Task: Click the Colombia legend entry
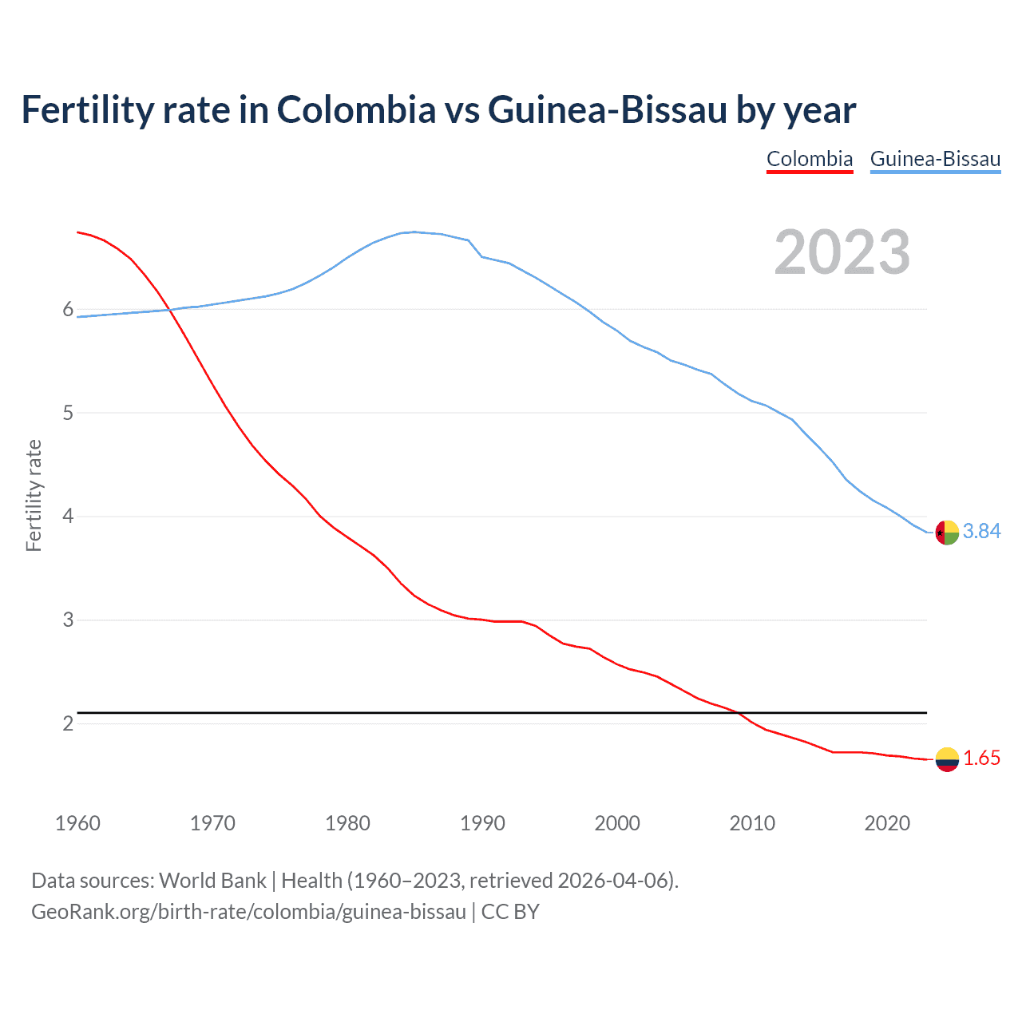[x=810, y=159]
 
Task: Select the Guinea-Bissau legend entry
[x=935, y=159]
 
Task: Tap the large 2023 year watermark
[x=842, y=252]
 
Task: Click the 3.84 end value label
[x=981, y=531]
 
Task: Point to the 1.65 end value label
[x=981, y=758]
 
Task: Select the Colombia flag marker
[x=947, y=759]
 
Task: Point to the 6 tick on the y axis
[x=68, y=310]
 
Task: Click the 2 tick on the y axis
[x=68, y=723]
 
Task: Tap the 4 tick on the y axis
[x=68, y=517]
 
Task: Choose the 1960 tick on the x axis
[x=77, y=823]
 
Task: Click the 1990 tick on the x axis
[x=482, y=823]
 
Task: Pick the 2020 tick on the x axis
[x=887, y=823]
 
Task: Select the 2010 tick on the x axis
[x=752, y=823]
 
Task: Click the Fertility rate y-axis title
[x=34, y=495]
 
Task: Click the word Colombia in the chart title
[x=356, y=110]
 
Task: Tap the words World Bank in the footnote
[x=212, y=881]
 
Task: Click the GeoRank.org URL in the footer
[x=248, y=912]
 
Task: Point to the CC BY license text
[x=510, y=912]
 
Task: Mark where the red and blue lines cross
[x=169, y=309]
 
